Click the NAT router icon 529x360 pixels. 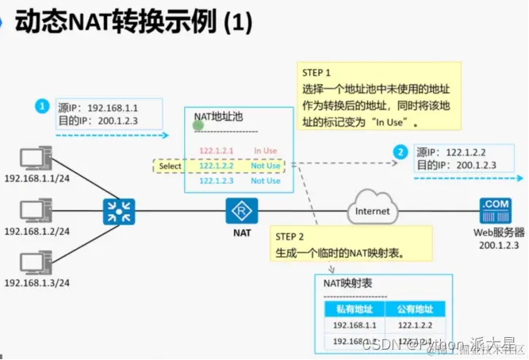[240, 211]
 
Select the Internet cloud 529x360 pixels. [372, 210]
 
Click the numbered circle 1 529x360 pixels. [44, 105]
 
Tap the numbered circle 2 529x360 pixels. [401, 151]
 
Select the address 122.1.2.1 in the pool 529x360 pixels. [217, 150]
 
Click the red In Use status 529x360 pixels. [266, 150]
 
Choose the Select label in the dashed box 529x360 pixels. [170, 167]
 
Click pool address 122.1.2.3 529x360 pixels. [217, 181]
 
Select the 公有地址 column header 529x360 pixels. [416, 309]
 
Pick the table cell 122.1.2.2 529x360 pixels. [416, 325]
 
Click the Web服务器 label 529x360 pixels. [497, 233]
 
